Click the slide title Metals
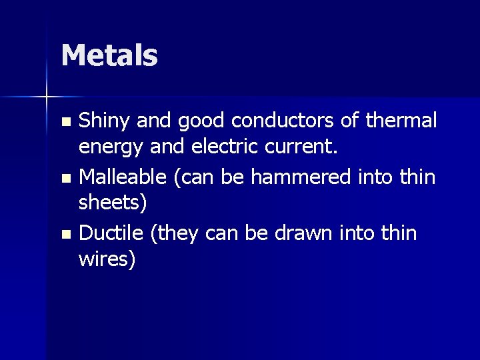tap(109, 55)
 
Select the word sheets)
tap(112, 202)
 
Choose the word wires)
tap(107, 259)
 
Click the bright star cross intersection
tap(47, 97)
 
